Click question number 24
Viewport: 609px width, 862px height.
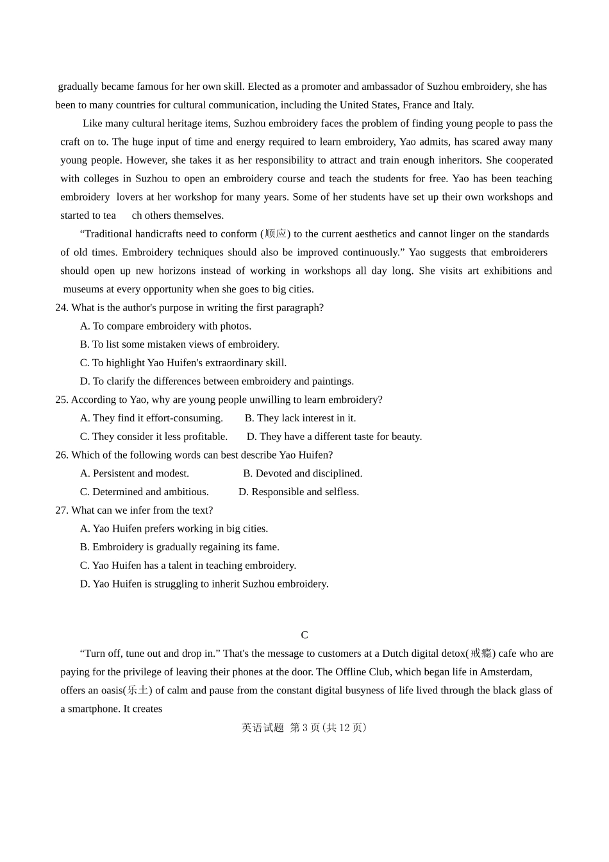pyautogui.click(x=62, y=308)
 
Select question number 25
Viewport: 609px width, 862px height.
pyautogui.click(x=62, y=400)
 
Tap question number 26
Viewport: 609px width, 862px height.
pyautogui.click(x=62, y=455)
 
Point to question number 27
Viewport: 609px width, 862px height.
pyautogui.click(x=62, y=511)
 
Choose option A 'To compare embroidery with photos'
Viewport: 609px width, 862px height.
pyautogui.click(x=165, y=326)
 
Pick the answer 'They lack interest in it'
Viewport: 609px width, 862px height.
pyautogui.click(x=300, y=418)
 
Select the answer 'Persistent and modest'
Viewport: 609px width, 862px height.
pyautogui.click(x=135, y=473)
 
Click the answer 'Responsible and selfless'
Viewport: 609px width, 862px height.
pyautogui.click(x=299, y=492)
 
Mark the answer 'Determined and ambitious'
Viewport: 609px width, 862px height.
pyautogui.click(x=144, y=492)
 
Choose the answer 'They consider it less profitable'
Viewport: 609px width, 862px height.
pyautogui.click(x=154, y=437)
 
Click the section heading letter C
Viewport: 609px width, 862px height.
pyautogui.click(x=304, y=635)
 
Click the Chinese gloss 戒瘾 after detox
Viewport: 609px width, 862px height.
pyautogui.click(x=481, y=654)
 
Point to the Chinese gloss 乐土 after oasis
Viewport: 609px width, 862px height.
pyautogui.click(x=138, y=691)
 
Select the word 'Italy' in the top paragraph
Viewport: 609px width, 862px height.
pyautogui.click(x=462, y=105)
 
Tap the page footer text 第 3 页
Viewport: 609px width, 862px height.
pyautogui.click(x=305, y=728)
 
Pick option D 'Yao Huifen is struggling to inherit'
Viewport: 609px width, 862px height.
pyautogui.click(x=204, y=584)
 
